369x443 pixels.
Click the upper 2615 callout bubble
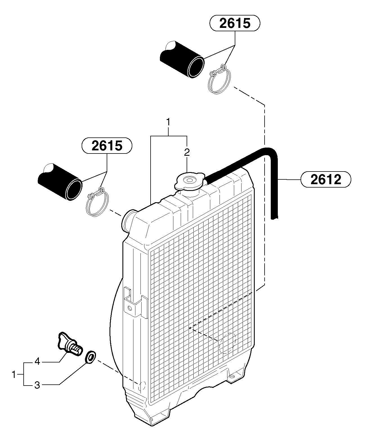[234, 23]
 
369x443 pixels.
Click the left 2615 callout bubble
[107, 146]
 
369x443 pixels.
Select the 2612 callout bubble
[326, 179]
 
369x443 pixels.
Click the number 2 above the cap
[187, 152]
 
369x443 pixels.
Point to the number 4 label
[37, 361]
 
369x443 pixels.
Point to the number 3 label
[37, 385]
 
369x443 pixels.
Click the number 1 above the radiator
[168, 122]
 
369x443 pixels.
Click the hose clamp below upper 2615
[220, 79]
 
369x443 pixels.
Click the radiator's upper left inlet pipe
[128, 220]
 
